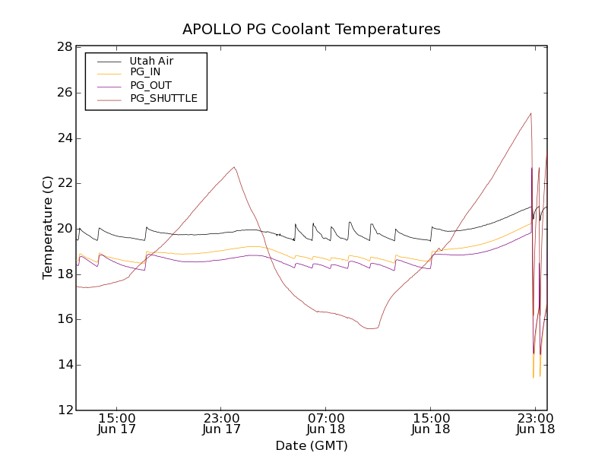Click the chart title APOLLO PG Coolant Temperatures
click(312, 30)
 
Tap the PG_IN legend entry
click(145, 72)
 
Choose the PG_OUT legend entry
click(150, 85)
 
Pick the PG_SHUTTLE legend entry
click(163, 98)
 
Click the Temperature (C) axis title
click(48, 228)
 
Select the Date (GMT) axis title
click(312, 445)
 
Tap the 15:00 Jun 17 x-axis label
click(117, 423)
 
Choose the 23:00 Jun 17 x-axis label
click(222, 423)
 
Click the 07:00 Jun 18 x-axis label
click(326, 423)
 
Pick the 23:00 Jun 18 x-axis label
click(535, 423)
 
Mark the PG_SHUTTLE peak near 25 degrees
click(530, 113)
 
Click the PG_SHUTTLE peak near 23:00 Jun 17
click(234, 167)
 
